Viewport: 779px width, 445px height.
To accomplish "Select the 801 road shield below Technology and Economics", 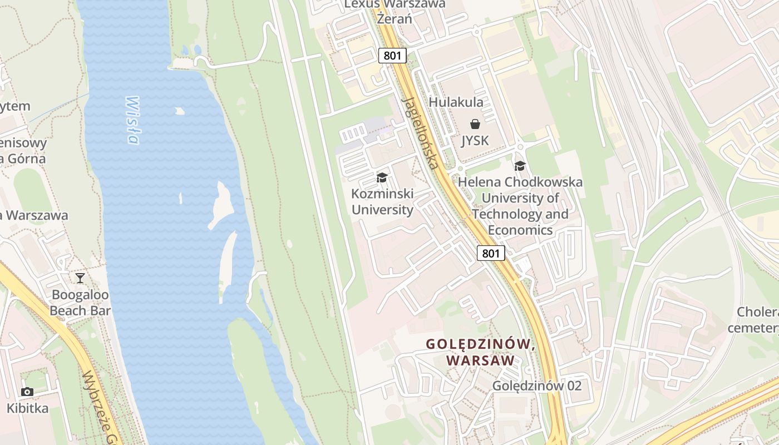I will click(x=490, y=254).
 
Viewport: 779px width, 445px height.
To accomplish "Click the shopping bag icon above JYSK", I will click(x=475, y=123).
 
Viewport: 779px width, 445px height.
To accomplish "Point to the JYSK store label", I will click(x=475, y=141).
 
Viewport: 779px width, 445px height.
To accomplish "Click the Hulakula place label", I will click(x=456, y=102).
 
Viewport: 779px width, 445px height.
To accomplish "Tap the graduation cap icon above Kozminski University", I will click(x=382, y=177).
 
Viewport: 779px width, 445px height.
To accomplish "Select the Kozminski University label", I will click(x=382, y=202).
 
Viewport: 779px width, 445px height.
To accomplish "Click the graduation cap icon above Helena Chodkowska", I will click(x=520, y=166).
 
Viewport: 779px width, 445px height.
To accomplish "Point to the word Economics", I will click(x=520, y=230).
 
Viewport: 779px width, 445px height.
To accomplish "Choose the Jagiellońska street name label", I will click(x=421, y=133).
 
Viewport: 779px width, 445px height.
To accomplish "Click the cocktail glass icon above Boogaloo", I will click(x=80, y=278).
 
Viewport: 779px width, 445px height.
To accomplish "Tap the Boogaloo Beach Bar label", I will click(x=80, y=303).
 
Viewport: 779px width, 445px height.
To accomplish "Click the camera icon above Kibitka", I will click(x=27, y=392).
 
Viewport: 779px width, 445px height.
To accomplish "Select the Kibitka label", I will click(x=27, y=408).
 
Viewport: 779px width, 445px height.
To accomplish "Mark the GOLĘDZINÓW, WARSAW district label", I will click(x=480, y=352).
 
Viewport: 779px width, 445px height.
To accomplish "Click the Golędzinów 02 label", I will click(x=536, y=385).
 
